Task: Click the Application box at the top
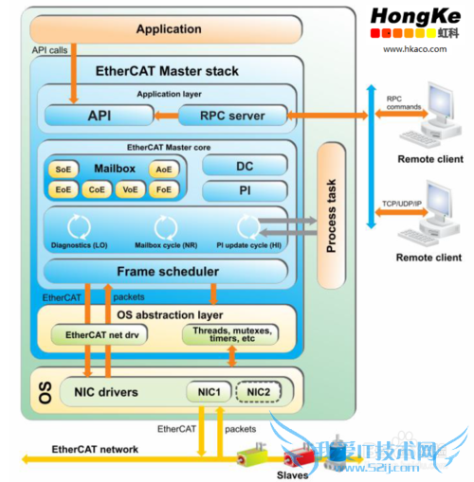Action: pos(169,29)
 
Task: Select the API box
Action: pos(99,116)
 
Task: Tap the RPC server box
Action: pos(233,116)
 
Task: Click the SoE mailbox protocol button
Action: pos(64,170)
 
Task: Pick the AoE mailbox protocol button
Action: pos(164,170)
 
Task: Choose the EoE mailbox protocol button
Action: pos(64,189)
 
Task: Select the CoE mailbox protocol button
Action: pos(98,189)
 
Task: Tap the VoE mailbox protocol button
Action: pos(131,189)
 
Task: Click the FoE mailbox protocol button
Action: pos(164,189)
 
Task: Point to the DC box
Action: pos(244,166)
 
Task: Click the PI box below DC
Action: pos(244,190)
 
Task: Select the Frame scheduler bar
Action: pos(168,272)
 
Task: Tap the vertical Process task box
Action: pos(332,215)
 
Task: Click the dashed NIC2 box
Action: pos(258,390)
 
